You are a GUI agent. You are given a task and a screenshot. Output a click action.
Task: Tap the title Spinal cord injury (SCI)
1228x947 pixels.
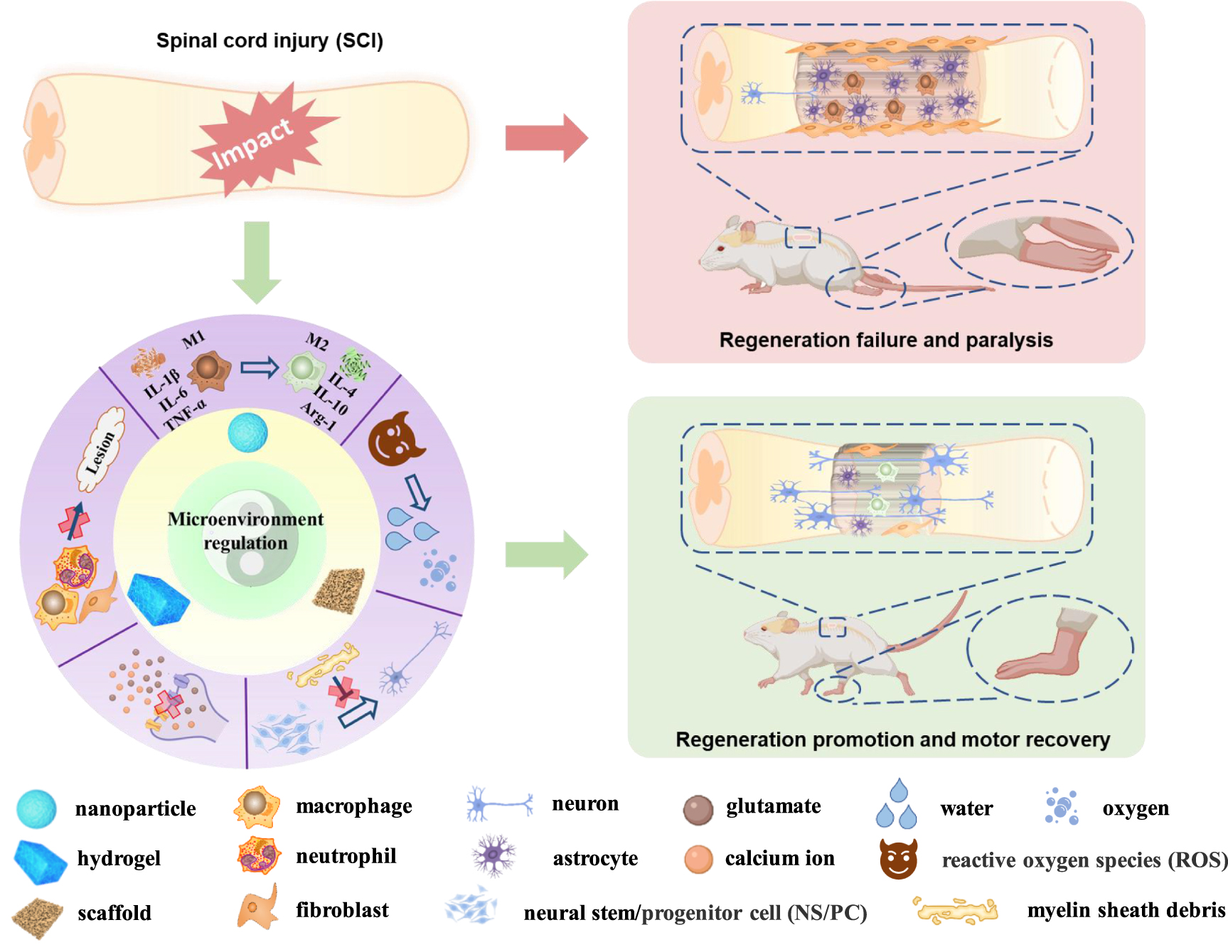[269, 40]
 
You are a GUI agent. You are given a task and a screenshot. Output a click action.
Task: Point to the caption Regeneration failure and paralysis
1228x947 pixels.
[886, 340]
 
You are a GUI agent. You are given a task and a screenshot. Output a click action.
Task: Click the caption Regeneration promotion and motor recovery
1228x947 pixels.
[892, 740]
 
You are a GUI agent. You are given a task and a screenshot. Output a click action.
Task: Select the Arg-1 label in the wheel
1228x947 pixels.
[317, 416]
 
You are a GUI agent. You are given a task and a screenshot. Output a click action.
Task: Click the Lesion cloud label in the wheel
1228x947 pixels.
[100, 450]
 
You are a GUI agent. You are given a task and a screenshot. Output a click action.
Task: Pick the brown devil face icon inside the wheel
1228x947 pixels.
[395, 440]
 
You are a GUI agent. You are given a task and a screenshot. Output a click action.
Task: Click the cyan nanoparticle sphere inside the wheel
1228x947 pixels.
[247, 432]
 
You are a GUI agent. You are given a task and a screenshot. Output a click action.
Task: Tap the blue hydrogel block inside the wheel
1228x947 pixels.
[158, 599]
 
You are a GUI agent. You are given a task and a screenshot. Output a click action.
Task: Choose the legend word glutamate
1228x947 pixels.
[773, 806]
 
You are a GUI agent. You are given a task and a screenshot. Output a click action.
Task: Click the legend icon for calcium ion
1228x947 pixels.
[698, 859]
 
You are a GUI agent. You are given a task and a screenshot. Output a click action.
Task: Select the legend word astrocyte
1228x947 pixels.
[595, 858]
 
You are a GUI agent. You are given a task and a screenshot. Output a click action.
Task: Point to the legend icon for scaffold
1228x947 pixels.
[38, 916]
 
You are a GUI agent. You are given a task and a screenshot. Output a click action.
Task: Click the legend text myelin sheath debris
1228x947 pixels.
[1126, 910]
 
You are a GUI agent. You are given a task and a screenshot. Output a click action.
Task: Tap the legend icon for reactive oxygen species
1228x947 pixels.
[899, 859]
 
